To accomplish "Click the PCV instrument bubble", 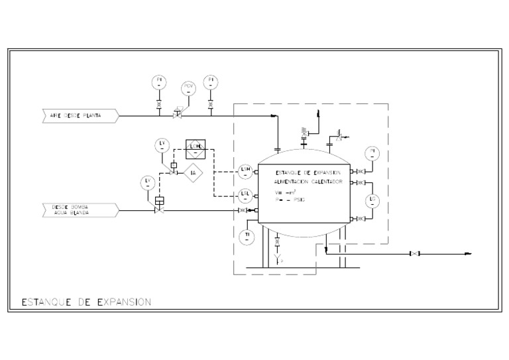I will coord(189,88).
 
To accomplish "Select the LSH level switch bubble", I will coord(245,171).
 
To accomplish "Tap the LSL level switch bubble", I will coord(245,194).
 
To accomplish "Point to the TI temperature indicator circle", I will coord(247,236).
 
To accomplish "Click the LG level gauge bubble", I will coord(373,200).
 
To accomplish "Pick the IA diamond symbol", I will coord(193,174).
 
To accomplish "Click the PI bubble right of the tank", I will coord(373,154).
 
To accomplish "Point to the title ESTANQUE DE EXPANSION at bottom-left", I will coord(86,302).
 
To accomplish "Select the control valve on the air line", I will coord(178,114).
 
